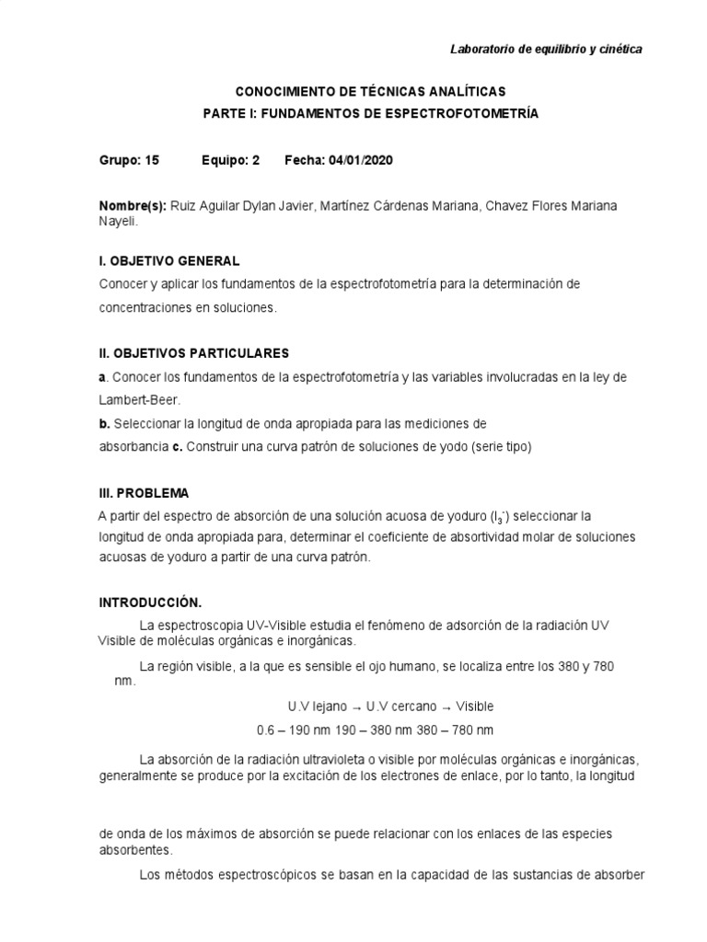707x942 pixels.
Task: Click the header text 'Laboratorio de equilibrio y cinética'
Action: tap(546, 49)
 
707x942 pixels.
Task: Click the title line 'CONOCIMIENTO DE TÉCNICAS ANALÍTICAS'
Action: tap(370, 92)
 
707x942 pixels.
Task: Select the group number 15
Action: tap(152, 160)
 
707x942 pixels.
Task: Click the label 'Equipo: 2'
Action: tap(230, 160)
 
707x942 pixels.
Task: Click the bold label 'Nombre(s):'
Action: tap(133, 205)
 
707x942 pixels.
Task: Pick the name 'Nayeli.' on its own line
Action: tap(119, 221)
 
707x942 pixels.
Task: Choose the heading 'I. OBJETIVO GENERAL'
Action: tap(169, 261)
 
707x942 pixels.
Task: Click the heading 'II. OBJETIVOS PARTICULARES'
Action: tap(193, 353)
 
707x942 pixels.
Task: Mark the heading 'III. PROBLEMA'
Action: tap(144, 493)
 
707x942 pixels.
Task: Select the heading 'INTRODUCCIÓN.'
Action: tap(149, 603)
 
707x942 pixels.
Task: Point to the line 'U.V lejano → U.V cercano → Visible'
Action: tap(390, 706)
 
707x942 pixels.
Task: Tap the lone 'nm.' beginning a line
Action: tap(124, 683)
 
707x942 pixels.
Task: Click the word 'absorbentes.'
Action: tap(136, 851)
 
